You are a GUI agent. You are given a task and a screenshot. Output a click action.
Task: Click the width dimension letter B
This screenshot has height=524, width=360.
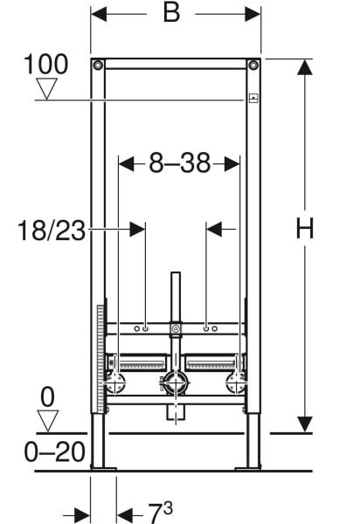(x=171, y=13)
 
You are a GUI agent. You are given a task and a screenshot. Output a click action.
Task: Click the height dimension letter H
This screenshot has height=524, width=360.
(x=305, y=228)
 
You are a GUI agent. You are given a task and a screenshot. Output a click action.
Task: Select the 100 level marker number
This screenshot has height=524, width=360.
(x=46, y=65)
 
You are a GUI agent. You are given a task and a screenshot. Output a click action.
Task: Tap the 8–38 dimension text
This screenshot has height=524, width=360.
(x=180, y=163)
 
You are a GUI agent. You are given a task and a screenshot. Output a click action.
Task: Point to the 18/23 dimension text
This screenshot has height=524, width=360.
(x=52, y=231)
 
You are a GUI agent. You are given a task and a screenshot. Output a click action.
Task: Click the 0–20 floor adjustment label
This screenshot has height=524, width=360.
(x=54, y=452)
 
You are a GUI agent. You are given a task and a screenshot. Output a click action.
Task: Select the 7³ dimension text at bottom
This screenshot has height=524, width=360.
(x=160, y=511)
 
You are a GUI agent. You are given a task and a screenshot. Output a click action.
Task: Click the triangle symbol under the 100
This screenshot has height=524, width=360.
(x=46, y=88)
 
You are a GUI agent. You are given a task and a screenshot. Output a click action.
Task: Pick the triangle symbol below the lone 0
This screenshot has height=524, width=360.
(x=47, y=421)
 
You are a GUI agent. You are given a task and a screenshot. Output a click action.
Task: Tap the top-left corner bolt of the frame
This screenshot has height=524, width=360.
(x=98, y=65)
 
